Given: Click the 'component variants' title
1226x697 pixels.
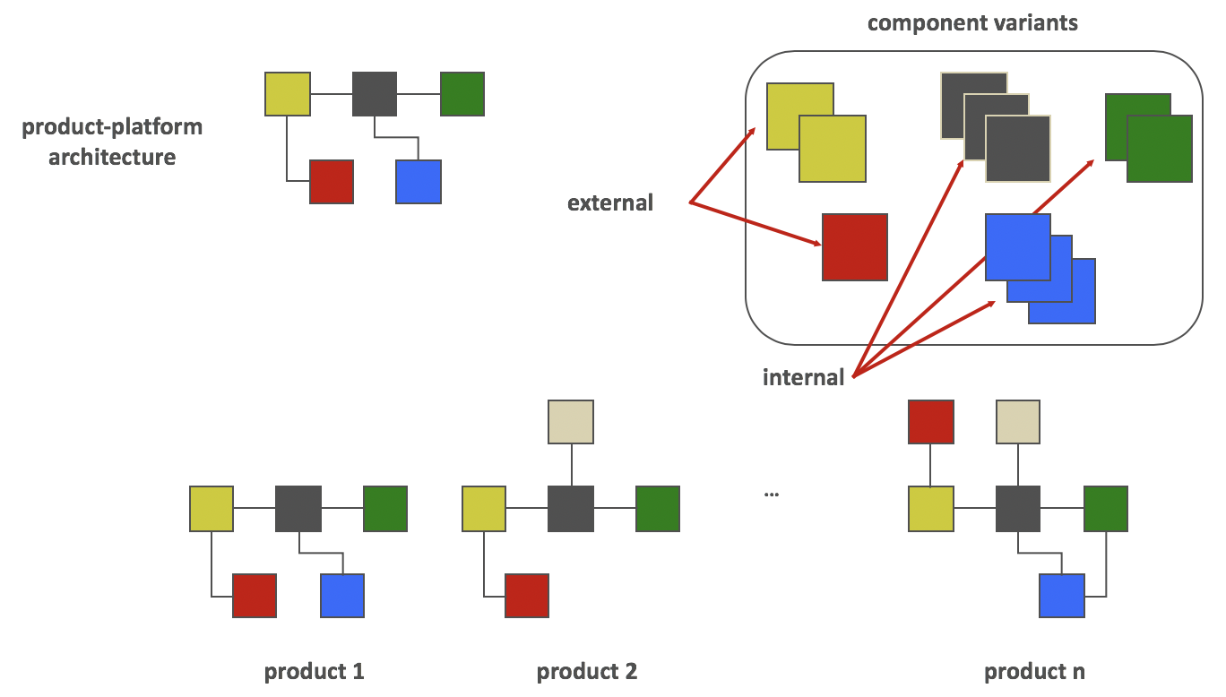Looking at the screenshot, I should click(x=972, y=22).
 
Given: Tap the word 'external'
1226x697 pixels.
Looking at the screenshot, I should click(x=610, y=203).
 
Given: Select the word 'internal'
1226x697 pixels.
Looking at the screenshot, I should click(x=803, y=377).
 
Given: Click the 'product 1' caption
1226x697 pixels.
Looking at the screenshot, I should click(x=314, y=671).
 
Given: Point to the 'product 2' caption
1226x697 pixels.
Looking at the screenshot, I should click(x=587, y=671).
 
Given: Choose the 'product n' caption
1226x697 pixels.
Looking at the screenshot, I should click(x=1034, y=671).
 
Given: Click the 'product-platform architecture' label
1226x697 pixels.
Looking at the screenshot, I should click(x=112, y=142).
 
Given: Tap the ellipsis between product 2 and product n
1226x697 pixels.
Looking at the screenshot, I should click(x=771, y=494).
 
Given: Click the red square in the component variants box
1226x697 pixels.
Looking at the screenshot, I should click(x=855, y=246).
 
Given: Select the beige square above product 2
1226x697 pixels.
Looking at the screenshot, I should click(x=571, y=422).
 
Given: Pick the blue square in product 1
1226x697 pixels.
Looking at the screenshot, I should click(x=342, y=596).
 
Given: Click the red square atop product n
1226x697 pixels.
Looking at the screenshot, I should click(x=931, y=422).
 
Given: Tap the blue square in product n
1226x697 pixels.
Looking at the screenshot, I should click(x=1062, y=596).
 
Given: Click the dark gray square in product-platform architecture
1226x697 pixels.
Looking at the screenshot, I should click(x=375, y=94).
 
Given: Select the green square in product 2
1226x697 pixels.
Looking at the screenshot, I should click(x=658, y=509).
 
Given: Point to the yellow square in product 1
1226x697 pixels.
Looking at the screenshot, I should click(x=212, y=509).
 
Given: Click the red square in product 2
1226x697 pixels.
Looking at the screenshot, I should click(x=527, y=596).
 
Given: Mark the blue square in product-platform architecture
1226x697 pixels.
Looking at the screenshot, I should click(x=419, y=182).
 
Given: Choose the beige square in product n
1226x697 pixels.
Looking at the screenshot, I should click(x=1018, y=422).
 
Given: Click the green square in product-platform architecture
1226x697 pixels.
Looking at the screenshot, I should click(x=462, y=94).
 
